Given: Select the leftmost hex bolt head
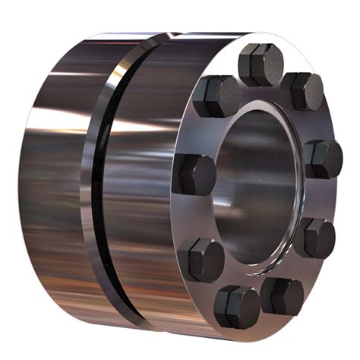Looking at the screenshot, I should tap(195, 173).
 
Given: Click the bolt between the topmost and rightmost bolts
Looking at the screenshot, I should tap(305, 90).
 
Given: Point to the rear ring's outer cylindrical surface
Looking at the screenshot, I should tap(53, 182).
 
